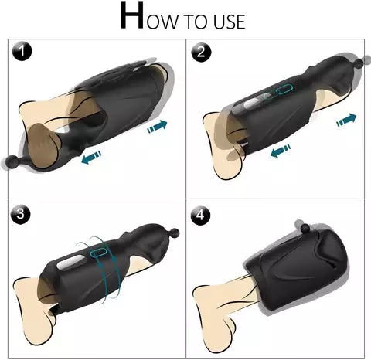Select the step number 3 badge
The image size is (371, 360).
24,213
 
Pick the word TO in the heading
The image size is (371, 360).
203,21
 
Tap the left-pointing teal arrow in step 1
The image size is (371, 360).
91,157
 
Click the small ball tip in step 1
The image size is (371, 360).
15,162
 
